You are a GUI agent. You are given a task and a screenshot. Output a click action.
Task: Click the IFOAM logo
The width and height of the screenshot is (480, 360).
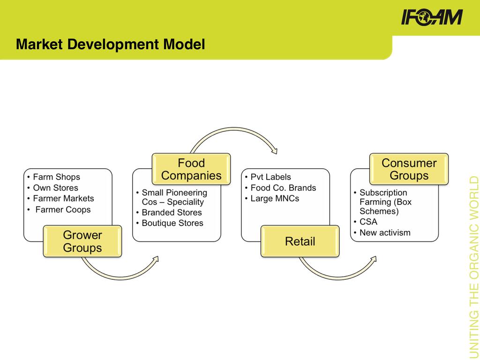point(432,17)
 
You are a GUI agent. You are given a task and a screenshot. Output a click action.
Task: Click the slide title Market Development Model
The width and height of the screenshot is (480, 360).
point(110,45)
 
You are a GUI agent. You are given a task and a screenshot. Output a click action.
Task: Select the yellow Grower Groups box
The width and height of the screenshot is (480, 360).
point(82,241)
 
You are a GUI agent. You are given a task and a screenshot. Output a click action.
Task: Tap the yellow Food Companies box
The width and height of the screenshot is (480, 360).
point(191,169)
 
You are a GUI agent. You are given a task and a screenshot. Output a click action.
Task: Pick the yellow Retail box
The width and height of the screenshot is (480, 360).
point(300,241)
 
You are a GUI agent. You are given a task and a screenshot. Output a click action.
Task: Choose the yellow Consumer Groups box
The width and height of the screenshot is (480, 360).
point(409,169)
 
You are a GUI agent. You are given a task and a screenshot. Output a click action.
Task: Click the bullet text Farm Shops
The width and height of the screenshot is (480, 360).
point(56,177)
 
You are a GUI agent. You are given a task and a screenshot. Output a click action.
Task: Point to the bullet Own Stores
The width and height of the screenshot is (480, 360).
point(55,187)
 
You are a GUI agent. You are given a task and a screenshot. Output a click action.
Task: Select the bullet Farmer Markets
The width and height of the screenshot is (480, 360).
point(63,198)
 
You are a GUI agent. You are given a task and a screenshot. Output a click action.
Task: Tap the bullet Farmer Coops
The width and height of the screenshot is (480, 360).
point(63,210)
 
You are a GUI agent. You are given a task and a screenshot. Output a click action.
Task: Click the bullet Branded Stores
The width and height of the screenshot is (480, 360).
point(172,212)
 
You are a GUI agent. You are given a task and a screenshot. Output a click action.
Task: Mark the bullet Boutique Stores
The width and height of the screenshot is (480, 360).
point(172,223)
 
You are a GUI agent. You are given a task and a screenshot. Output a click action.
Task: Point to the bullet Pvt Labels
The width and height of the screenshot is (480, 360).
point(270,177)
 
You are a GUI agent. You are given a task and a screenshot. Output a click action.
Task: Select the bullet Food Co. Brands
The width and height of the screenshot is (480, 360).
point(283,187)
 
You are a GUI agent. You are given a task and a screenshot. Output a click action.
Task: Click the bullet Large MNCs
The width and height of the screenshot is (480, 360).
point(275,198)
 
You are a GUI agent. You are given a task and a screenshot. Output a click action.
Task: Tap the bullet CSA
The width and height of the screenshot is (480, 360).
point(368,222)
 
